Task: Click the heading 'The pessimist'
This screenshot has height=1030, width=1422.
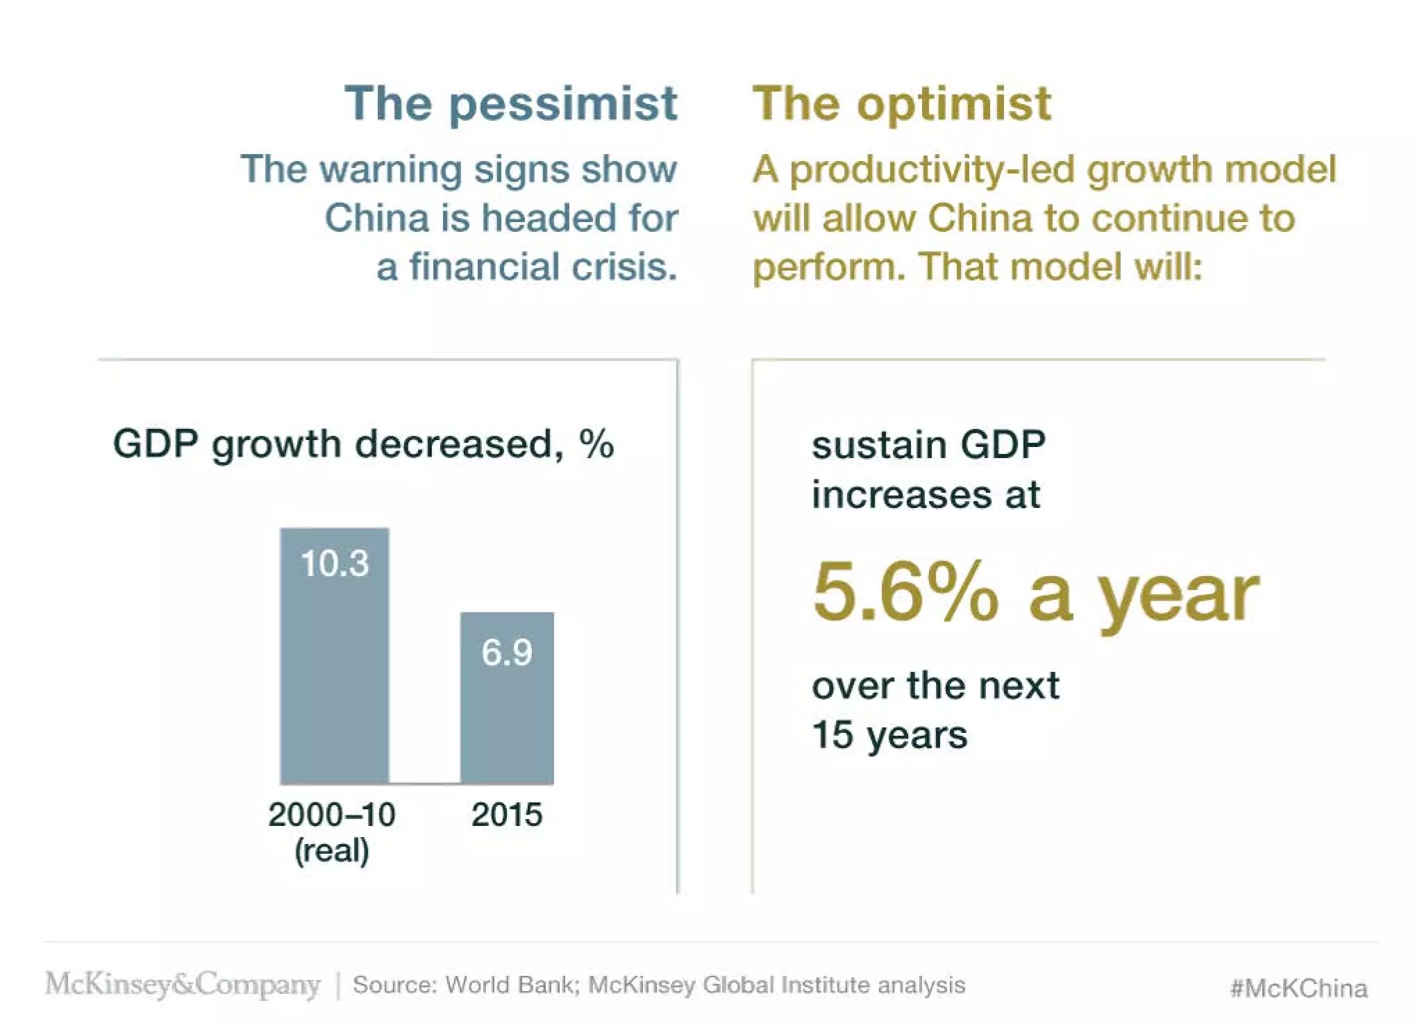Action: click(x=510, y=104)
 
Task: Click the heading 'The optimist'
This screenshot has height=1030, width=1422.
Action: click(x=902, y=104)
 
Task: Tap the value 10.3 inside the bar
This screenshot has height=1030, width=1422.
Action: click(x=334, y=563)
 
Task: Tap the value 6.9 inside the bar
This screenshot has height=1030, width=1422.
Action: click(x=507, y=653)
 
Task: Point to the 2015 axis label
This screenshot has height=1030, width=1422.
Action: click(x=507, y=815)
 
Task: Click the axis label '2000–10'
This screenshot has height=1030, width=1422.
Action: click(x=332, y=815)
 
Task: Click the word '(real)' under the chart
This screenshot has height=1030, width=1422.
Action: click(x=332, y=851)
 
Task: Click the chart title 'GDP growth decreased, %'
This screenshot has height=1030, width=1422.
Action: click(x=363, y=444)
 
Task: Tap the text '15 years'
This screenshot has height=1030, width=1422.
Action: click(x=889, y=735)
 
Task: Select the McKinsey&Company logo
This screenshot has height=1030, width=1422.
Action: click(x=183, y=984)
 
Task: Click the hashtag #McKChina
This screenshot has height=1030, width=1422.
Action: click(x=1298, y=988)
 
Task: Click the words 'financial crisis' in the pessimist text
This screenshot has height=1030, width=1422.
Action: click(x=542, y=267)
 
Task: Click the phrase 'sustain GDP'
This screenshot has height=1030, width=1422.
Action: click(x=928, y=445)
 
